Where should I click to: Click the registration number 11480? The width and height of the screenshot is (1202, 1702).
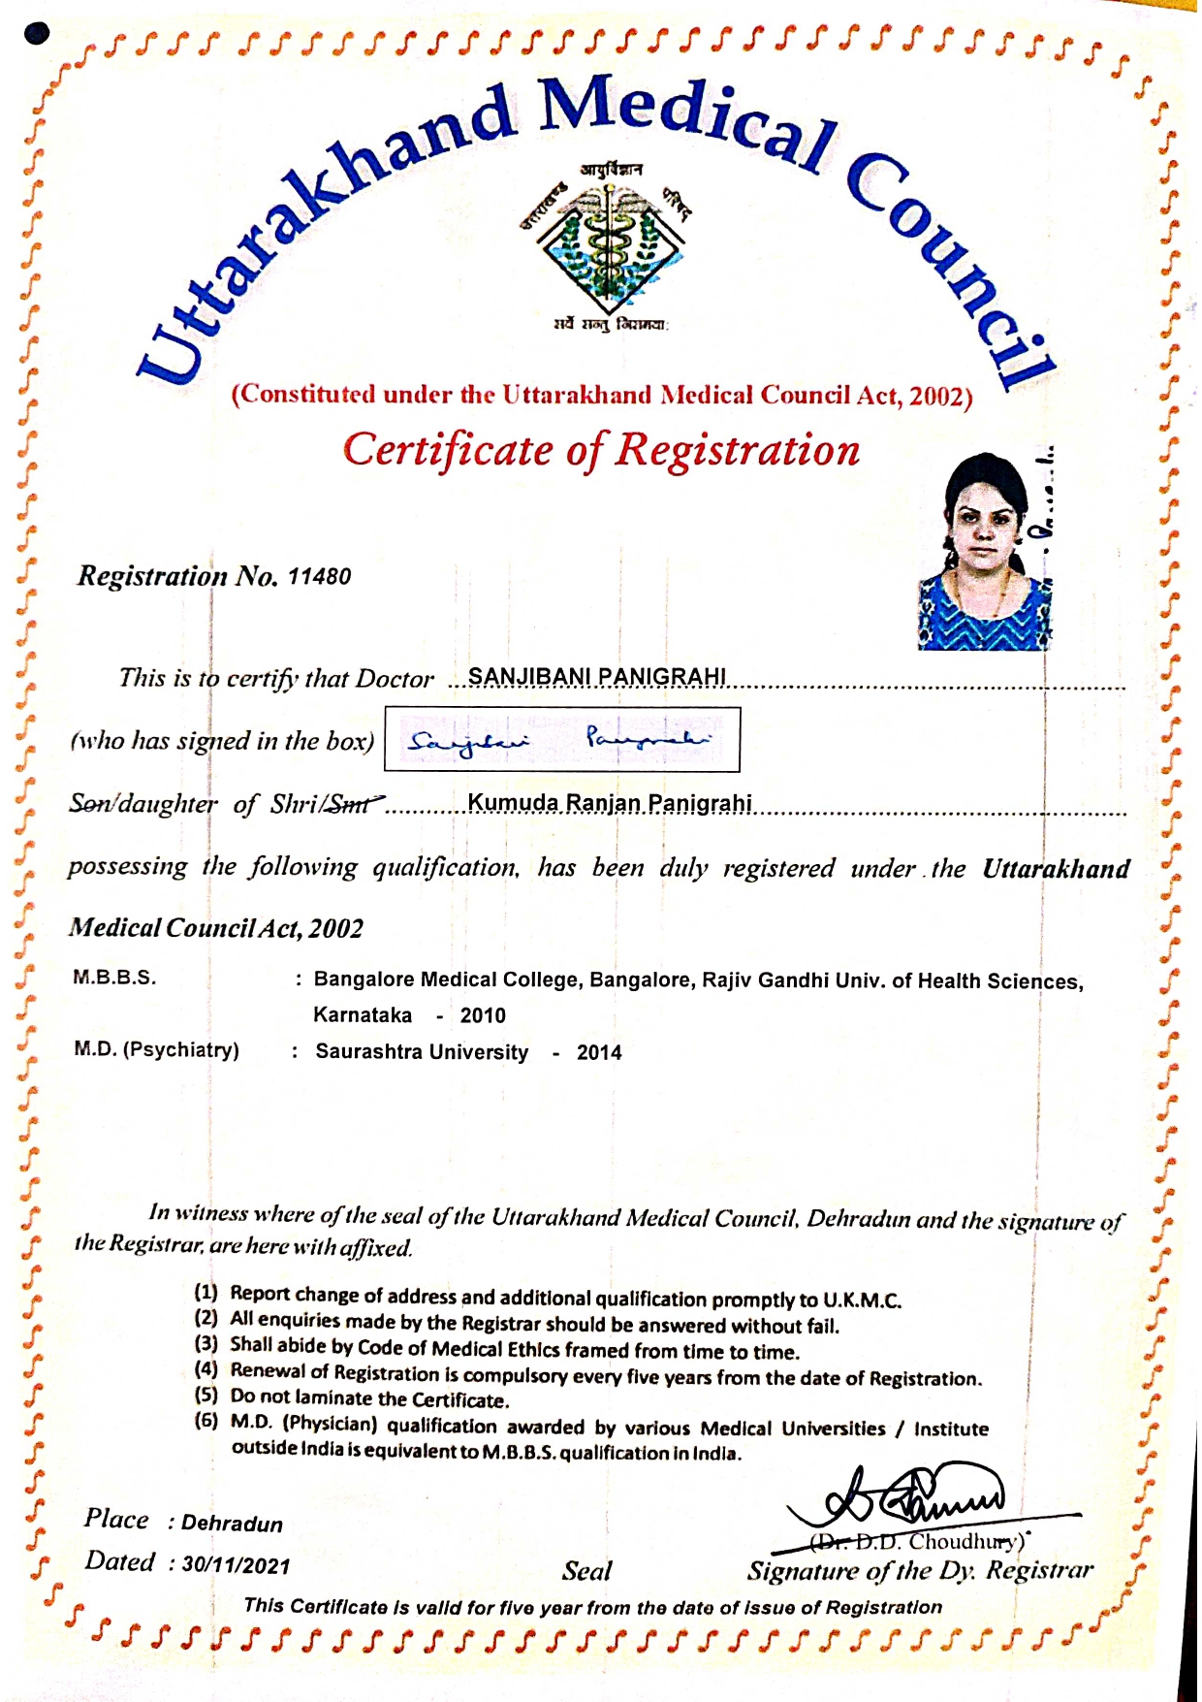pyautogui.click(x=319, y=577)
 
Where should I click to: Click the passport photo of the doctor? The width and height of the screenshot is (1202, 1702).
pyautogui.click(x=984, y=552)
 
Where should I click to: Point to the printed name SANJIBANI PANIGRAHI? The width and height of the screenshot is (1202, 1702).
pyautogui.click(x=597, y=677)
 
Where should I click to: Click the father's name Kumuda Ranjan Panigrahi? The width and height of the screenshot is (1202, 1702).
pyautogui.click(x=610, y=803)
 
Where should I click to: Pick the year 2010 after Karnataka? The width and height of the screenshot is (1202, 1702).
pyautogui.click(x=483, y=1015)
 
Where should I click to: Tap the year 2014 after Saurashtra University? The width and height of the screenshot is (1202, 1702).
pyautogui.click(x=599, y=1053)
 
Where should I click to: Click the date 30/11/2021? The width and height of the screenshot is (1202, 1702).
pyautogui.click(x=236, y=1565)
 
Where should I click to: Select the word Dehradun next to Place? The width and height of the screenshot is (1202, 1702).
pyautogui.click(x=232, y=1524)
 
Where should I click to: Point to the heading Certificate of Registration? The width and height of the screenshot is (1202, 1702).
pyautogui.click(x=601, y=450)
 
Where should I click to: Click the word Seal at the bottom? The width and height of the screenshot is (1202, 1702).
pyautogui.click(x=586, y=1571)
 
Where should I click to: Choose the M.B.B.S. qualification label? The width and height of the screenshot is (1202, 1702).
pyautogui.click(x=114, y=978)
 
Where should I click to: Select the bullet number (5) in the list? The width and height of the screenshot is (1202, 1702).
pyautogui.click(x=206, y=1397)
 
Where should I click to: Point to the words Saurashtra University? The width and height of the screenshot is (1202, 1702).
pyautogui.click(x=422, y=1052)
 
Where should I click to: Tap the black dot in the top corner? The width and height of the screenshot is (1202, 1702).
pyautogui.click(x=38, y=34)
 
